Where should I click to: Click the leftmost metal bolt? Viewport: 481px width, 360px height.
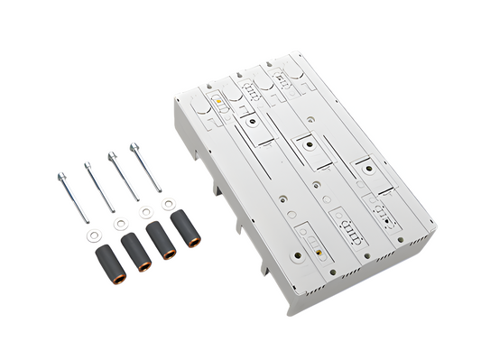click(x=70, y=196)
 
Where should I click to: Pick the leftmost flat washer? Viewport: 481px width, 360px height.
click(x=94, y=235)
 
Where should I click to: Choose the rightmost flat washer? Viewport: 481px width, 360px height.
click(x=169, y=204)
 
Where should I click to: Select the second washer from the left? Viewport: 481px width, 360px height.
click(x=119, y=224)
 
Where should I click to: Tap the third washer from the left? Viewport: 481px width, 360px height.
click(x=145, y=214)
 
